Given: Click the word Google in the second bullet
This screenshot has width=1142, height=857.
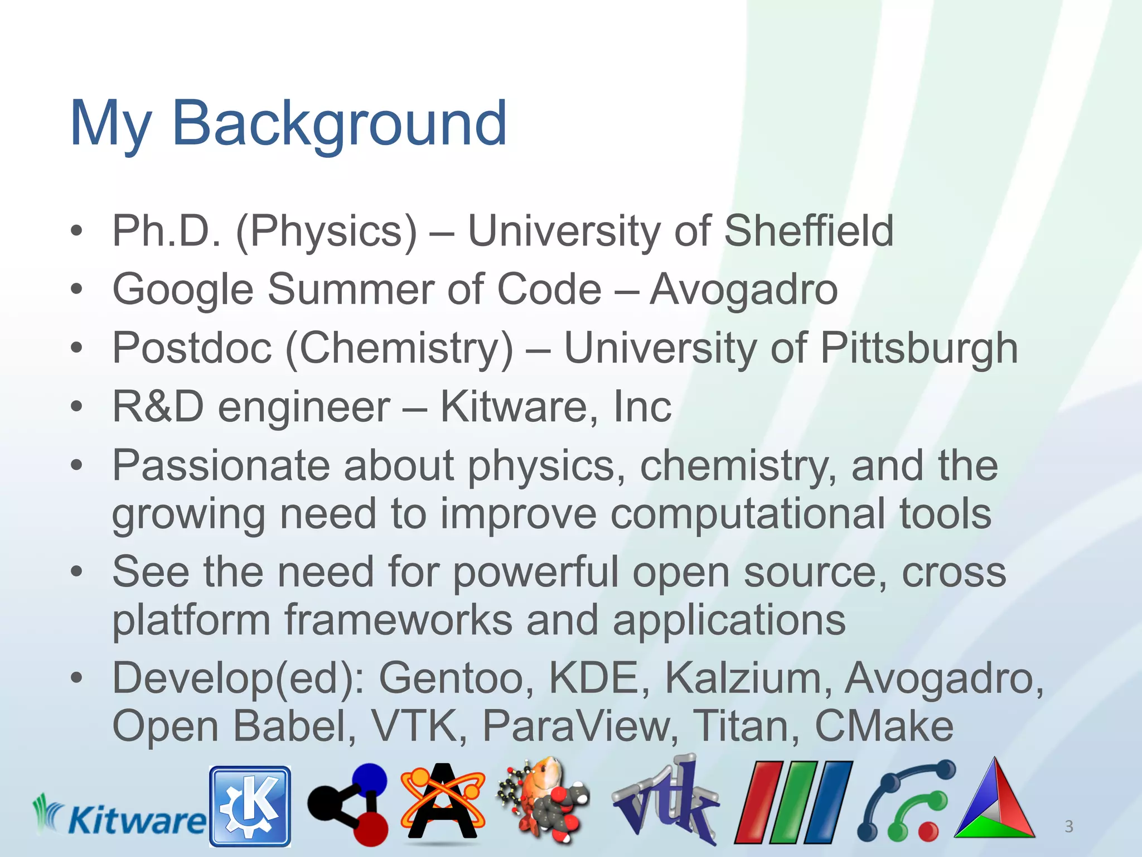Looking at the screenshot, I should (183, 290).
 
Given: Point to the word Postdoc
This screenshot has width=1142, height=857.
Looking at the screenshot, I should (192, 348).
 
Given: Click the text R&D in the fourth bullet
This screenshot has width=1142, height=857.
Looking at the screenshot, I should (158, 406).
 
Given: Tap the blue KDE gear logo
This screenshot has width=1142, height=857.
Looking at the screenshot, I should (250, 806).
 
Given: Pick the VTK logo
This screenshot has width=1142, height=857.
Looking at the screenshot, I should (665, 803).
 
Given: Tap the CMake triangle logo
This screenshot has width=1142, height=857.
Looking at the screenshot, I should (994, 803).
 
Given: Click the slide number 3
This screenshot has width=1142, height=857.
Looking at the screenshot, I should (1068, 826).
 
